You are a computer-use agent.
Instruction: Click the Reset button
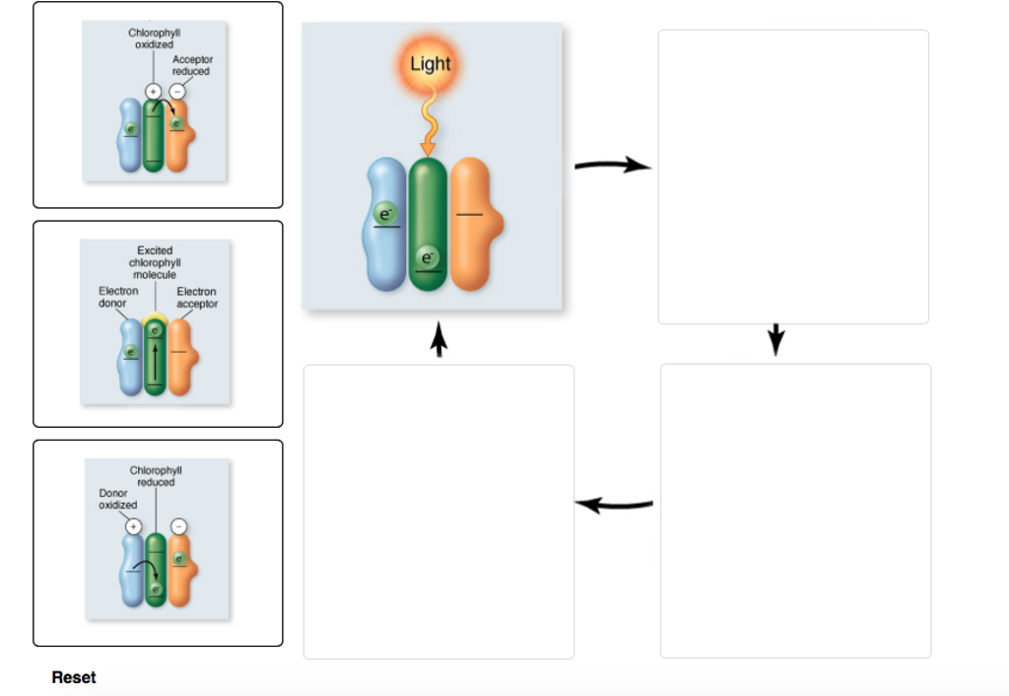click(x=74, y=677)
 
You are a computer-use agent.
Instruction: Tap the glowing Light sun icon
click(x=430, y=64)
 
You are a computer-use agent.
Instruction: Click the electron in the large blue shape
click(x=385, y=213)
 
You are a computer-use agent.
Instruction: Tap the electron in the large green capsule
click(x=427, y=257)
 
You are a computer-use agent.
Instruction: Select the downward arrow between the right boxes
click(x=776, y=339)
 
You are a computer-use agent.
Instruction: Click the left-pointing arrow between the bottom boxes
click(x=614, y=505)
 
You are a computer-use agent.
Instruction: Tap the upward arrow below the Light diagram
click(x=439, y=342)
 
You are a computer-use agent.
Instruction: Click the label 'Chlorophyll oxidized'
click(x=154, y=38)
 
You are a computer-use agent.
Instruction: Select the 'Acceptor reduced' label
click(x=192, y=65)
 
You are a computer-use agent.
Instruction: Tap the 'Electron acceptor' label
click(x=196, y=297)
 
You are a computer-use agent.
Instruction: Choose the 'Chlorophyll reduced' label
click(x=156, y=476)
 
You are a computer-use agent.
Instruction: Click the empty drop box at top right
click(x=793, y=176)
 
